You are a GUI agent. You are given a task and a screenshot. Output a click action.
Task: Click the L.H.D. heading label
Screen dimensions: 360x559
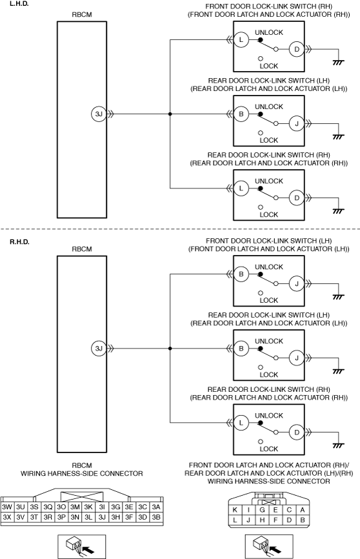[19, 4]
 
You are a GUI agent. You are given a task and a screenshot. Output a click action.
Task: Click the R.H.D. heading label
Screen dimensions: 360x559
[19, 241]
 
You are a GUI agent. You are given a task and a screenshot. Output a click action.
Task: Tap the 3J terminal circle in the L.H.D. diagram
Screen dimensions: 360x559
[99, 114]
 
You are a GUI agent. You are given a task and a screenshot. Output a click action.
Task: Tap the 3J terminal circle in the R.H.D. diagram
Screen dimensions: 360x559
[99, 349]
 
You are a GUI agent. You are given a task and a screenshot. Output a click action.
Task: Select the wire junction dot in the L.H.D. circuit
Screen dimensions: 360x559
[170, 114]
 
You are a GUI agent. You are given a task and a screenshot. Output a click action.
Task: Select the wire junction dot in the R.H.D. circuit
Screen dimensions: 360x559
[170, 349]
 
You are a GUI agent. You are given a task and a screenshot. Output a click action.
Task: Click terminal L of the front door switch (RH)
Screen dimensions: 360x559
[241, 39]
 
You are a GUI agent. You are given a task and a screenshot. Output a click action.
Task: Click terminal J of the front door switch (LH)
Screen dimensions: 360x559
[297, 284]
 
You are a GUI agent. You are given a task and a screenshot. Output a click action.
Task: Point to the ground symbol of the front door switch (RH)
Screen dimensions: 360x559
[338, 63]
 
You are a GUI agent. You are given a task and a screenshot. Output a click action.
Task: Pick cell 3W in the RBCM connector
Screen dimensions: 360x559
[7, 507]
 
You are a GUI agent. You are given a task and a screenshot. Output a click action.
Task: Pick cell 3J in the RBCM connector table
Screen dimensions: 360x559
[102, 517]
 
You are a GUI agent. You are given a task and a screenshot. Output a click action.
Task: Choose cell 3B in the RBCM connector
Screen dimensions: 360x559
[156, 517]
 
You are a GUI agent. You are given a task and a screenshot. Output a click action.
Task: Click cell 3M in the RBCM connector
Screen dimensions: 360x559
[75, 507]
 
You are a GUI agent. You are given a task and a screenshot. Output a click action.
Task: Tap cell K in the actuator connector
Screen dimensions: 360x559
[235, 510]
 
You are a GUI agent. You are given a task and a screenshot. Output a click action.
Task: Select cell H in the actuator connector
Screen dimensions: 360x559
[262, 520]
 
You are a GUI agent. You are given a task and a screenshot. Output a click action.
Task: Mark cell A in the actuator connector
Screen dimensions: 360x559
[302, 510]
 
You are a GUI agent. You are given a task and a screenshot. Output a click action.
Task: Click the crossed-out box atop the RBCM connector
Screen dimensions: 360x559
[82, 497]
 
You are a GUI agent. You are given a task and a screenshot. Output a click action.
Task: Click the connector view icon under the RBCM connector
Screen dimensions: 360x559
[82, 547]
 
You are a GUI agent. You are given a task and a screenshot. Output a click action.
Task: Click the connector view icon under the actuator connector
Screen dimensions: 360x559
[269, 547]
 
